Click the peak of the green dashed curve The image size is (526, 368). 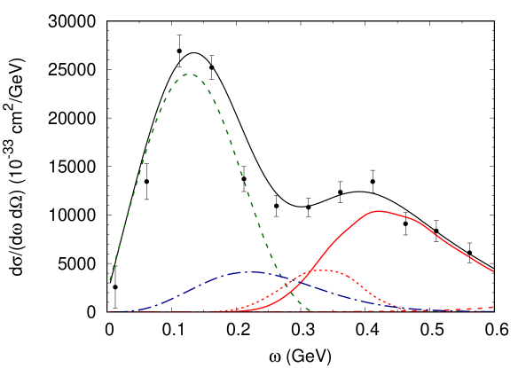pos(188,74)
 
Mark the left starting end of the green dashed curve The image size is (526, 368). pos(110,280)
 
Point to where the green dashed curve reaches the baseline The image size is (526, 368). pos(311,311)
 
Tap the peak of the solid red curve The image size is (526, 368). pos(379,211)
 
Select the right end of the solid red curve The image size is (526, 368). pos(493,271)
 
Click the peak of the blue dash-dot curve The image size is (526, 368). pos(255,272)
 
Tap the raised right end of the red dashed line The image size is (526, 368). pos(493,307)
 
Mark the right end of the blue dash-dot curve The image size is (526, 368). pos(493,310)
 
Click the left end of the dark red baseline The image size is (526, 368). pos(110,312)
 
